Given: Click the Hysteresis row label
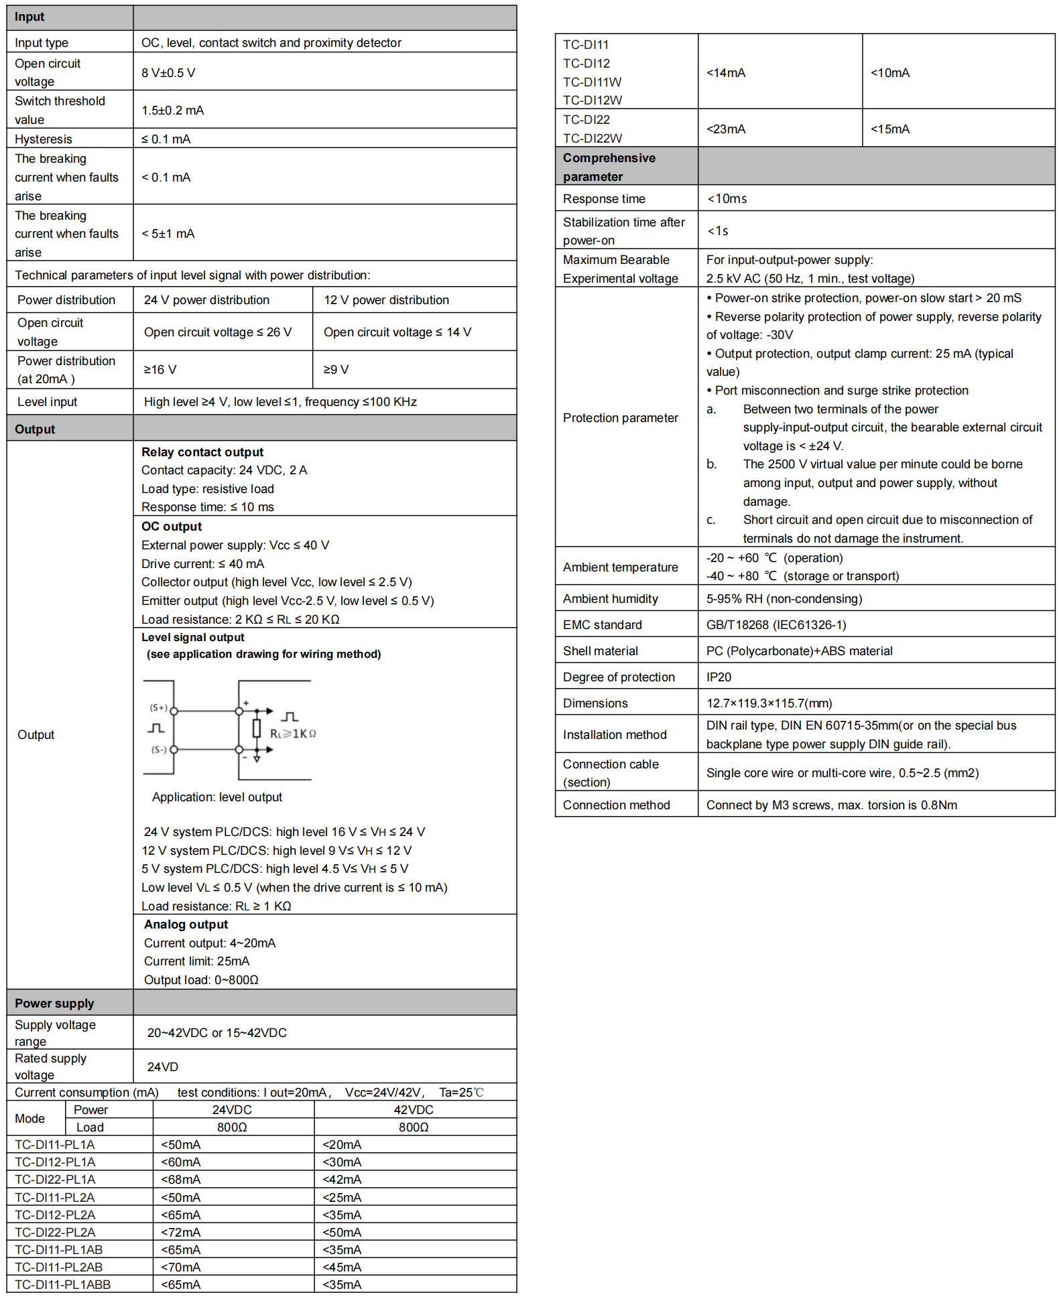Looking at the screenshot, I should tap(44, 139).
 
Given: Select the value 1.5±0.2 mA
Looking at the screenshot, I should tap(173, 111).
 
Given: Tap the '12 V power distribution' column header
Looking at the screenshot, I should tap(386, 300).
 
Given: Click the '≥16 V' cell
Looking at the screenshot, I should tap(160, 370).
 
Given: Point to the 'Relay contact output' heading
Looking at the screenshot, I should tap(202, 452).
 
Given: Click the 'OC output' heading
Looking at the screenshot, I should tap(172, 527).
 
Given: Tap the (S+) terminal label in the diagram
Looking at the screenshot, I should tap(159, 707).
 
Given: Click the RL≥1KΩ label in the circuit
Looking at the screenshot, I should tap(293, 734).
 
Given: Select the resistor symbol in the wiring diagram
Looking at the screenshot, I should tap(256, 729).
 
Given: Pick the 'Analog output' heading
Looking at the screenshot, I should tap(186, 924).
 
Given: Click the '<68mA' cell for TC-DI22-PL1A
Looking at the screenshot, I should tap(181, 1180).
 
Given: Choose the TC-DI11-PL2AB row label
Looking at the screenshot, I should tap(59, 1267).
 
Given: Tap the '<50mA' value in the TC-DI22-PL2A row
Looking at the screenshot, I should tap(342, 1232).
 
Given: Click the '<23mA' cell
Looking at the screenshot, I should tap(726, 129).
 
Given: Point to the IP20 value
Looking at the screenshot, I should tap(719, 677).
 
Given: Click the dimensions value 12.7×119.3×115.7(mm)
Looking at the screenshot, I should tap(769, 703).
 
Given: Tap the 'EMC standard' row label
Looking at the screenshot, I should tap(603, 625).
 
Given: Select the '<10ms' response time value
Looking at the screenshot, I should tap(727, 199).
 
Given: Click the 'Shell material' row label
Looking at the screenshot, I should tap(601, 651).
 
